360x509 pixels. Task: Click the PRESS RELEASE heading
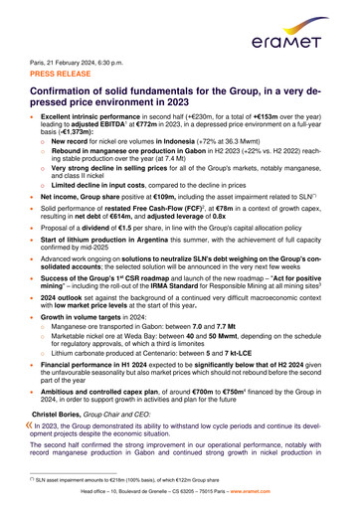point(64,76)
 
